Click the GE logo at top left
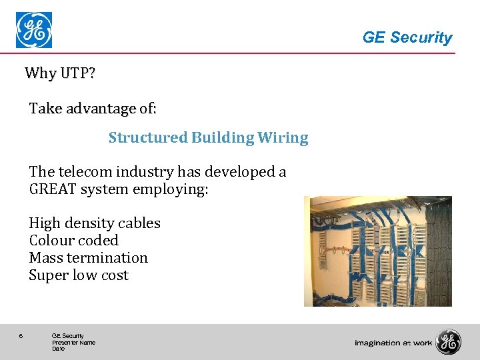(34, 30)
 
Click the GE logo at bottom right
(448, 342)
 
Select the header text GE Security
(407, 38)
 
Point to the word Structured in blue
(148, 138)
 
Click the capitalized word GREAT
(53, 189)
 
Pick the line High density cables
(95, 223)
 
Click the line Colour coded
(73, 241)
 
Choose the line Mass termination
(88, 258)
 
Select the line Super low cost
(79, 275)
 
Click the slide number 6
(21, 336)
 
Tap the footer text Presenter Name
(73, 343)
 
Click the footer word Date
(58, 349)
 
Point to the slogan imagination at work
(393, 343)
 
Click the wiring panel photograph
(377, 251)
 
